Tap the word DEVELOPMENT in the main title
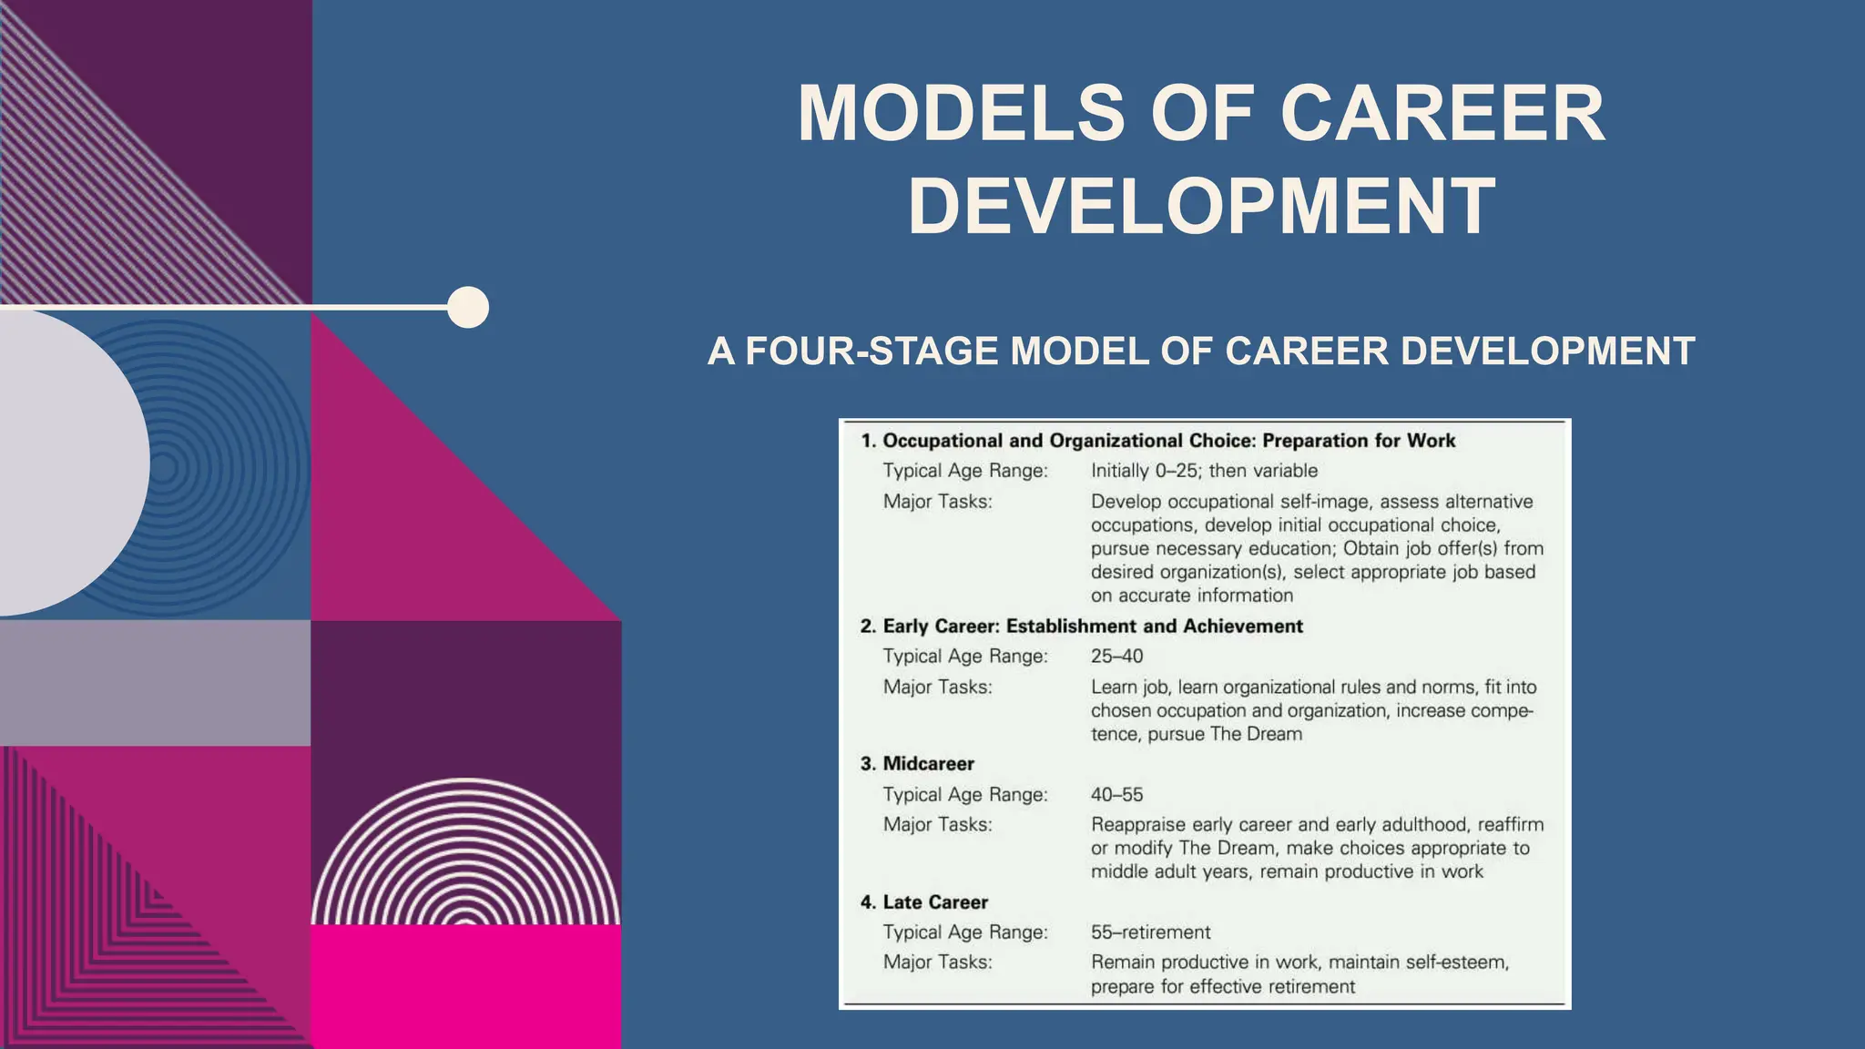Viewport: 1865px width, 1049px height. coord(1202,207)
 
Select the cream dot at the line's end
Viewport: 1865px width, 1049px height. coord(468,307)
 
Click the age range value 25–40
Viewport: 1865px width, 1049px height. coord(1116,657)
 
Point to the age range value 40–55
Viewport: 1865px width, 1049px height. coord(1116,795)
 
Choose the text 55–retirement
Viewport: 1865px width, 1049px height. coord(1150,932)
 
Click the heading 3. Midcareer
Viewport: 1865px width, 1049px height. coord(917,764)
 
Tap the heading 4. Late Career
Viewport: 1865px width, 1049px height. coord(924,902)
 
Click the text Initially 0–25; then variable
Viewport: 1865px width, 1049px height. coord(1204,471)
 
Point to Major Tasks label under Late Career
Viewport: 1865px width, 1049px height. coord(937,962)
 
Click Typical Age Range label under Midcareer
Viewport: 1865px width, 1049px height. coord(965,795)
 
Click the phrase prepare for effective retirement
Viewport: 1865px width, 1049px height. coord(1222,987)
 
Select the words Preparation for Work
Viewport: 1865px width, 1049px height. coord(1359,441)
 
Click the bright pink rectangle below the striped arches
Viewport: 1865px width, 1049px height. coord(466,987)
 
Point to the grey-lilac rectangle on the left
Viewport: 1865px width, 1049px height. coord(155,683)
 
